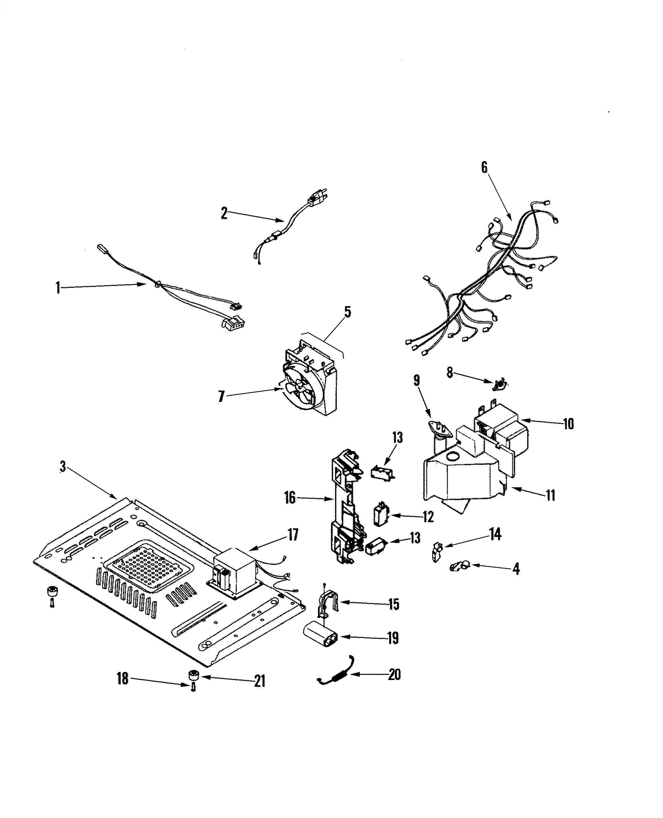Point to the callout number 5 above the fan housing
(x=347, y=312)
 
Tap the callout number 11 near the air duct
(x=550, y=496)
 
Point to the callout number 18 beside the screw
(x=122, y=679)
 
